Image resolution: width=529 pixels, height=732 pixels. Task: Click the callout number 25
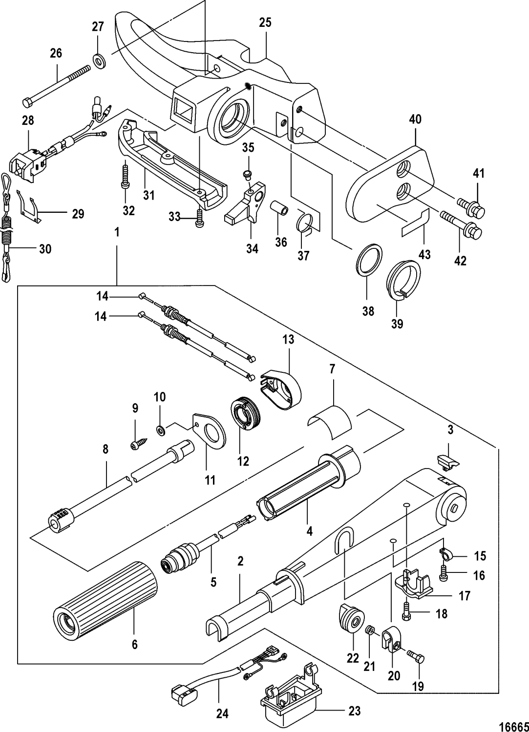(265, 22)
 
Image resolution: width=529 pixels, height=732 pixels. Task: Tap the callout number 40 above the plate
(416, 119)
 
